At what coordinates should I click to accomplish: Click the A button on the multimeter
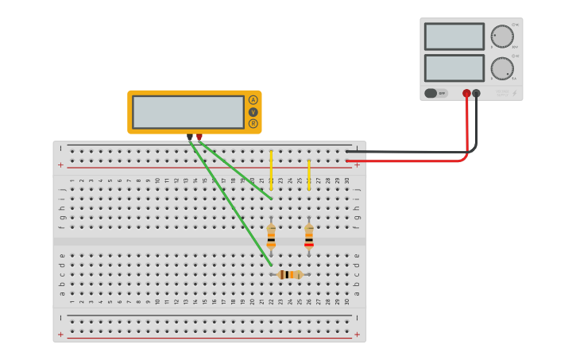tap(253, 100)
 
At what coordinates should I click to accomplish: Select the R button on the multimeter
tap(253, 123)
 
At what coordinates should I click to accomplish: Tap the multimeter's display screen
tap(188, 112)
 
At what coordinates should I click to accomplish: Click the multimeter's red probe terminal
tap(199, 137)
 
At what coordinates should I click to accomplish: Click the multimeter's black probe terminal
tap(190, 137)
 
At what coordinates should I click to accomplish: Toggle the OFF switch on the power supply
tap(435, 93)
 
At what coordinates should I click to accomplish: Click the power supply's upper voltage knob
tap(502, 37)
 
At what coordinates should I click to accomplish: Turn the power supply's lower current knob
tap(502, 68)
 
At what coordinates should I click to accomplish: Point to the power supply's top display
tap(454, 37)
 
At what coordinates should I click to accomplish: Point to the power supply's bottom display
tap(454, 68)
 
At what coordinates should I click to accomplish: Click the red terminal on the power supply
tap(466, 93)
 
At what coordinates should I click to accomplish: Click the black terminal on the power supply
tap(476, 93)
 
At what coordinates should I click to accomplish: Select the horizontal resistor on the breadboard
tap(290, 274)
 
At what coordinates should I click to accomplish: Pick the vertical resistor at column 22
tap(271, 236)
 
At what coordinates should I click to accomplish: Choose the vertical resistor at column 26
tap(309, 236)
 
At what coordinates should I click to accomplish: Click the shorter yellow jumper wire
tap(309, 175)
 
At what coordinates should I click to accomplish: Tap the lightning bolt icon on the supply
tap(514, 93)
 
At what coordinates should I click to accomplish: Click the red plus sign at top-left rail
tap(60, 165)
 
